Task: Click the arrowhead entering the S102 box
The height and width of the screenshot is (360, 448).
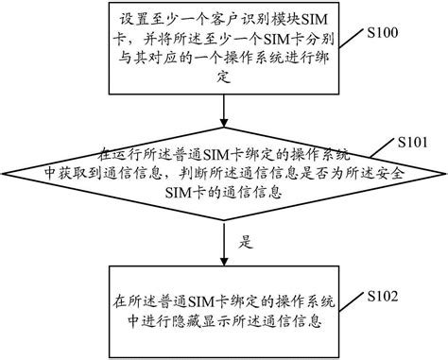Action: click(223, 269)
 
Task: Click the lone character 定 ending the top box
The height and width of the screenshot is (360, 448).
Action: click(224, 82)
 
